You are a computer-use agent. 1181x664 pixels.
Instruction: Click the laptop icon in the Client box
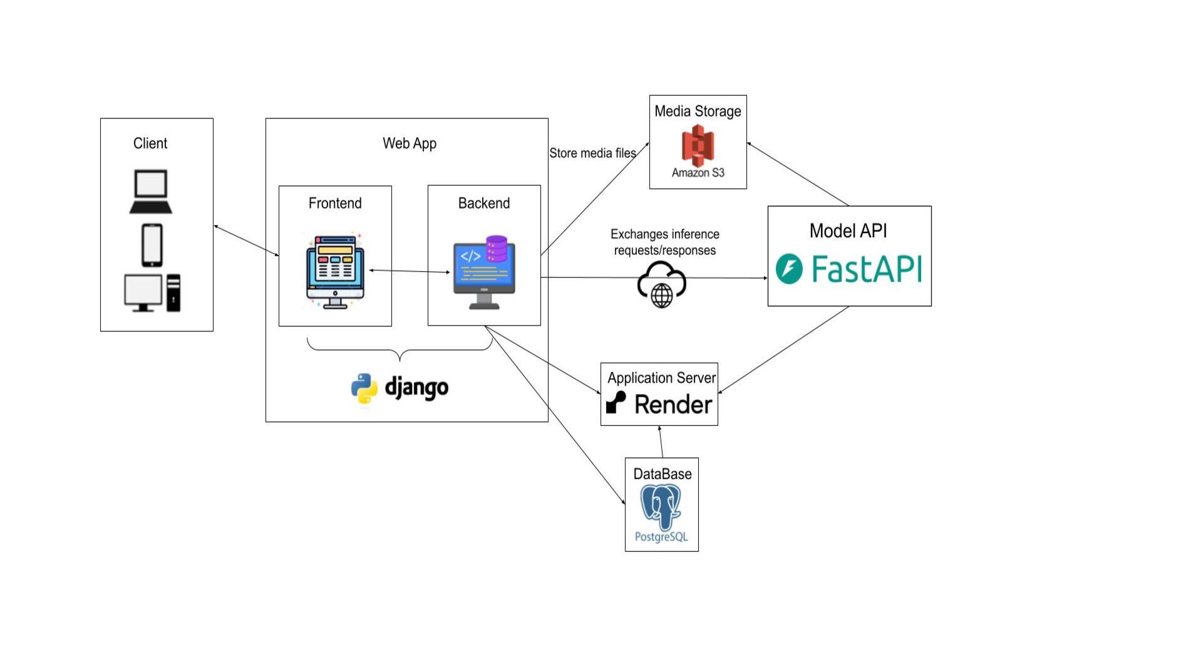[x=151, y=192]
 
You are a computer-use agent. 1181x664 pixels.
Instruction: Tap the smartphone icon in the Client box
[x=152, y=245]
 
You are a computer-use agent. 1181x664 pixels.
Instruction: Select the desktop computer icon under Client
[x=152, y=293]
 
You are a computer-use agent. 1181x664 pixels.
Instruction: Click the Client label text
[x=150, y=143]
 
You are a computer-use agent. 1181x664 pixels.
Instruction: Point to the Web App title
[x=410, y=143]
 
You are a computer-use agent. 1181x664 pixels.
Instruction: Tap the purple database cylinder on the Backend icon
[x=497, y=248]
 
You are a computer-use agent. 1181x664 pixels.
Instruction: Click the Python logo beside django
[x=364, y=388]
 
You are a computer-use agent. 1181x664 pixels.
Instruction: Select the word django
[x=416, y=388]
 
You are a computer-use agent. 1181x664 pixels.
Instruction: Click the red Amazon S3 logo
[x=698, y=145]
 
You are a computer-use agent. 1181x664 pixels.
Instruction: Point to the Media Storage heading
[x=698, y=112]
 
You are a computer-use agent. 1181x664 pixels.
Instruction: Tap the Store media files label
[x=592, y=153]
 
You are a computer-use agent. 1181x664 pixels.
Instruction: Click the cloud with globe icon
[x=662, y=285]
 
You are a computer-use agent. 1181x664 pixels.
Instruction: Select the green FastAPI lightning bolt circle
[x=789, y=269]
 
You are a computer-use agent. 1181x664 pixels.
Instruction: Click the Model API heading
[x=848, y=231]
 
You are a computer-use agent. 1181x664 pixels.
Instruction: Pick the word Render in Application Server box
[x=673, y=405]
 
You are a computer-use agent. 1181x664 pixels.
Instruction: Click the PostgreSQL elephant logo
[x=661, y=507]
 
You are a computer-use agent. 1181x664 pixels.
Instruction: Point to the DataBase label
[x=662, y=474]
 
